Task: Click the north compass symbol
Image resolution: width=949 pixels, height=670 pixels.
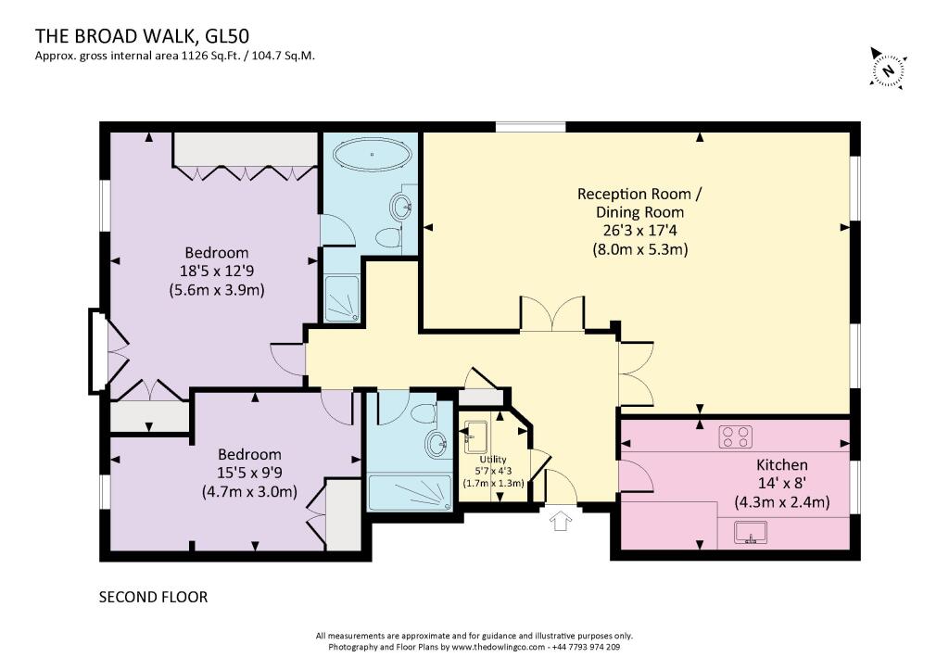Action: [x=889, y=69]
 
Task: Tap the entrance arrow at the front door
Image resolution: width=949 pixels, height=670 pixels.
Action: [x=561, y=521]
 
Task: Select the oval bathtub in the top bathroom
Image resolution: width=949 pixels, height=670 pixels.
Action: [x=373, y=155]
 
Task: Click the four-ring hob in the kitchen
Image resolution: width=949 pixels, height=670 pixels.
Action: [x=735, y=436]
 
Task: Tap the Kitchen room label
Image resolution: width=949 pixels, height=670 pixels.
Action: [x=782, y=465]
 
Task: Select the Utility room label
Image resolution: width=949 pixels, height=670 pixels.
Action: [x=493, y=460]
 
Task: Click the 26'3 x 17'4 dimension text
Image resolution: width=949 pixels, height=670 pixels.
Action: [x=639, y=231]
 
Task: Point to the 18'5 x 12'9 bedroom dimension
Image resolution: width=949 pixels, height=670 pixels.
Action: [x=217, y=271]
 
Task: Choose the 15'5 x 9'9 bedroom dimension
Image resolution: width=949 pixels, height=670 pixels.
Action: [x=249, y=473]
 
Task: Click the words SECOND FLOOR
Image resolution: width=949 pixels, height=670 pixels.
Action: [x=153, y=598]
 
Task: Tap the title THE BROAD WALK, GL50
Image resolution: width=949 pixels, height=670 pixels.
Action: [x=142, y=36]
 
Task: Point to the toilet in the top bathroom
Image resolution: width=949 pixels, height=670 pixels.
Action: [x=388, y=236]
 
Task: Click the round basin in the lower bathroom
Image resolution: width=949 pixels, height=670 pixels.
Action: [x=436, y=443]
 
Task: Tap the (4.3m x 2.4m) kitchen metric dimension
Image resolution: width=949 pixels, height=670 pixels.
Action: [x=782, y=501]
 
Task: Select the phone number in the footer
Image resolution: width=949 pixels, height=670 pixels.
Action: [x=586, y=647]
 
